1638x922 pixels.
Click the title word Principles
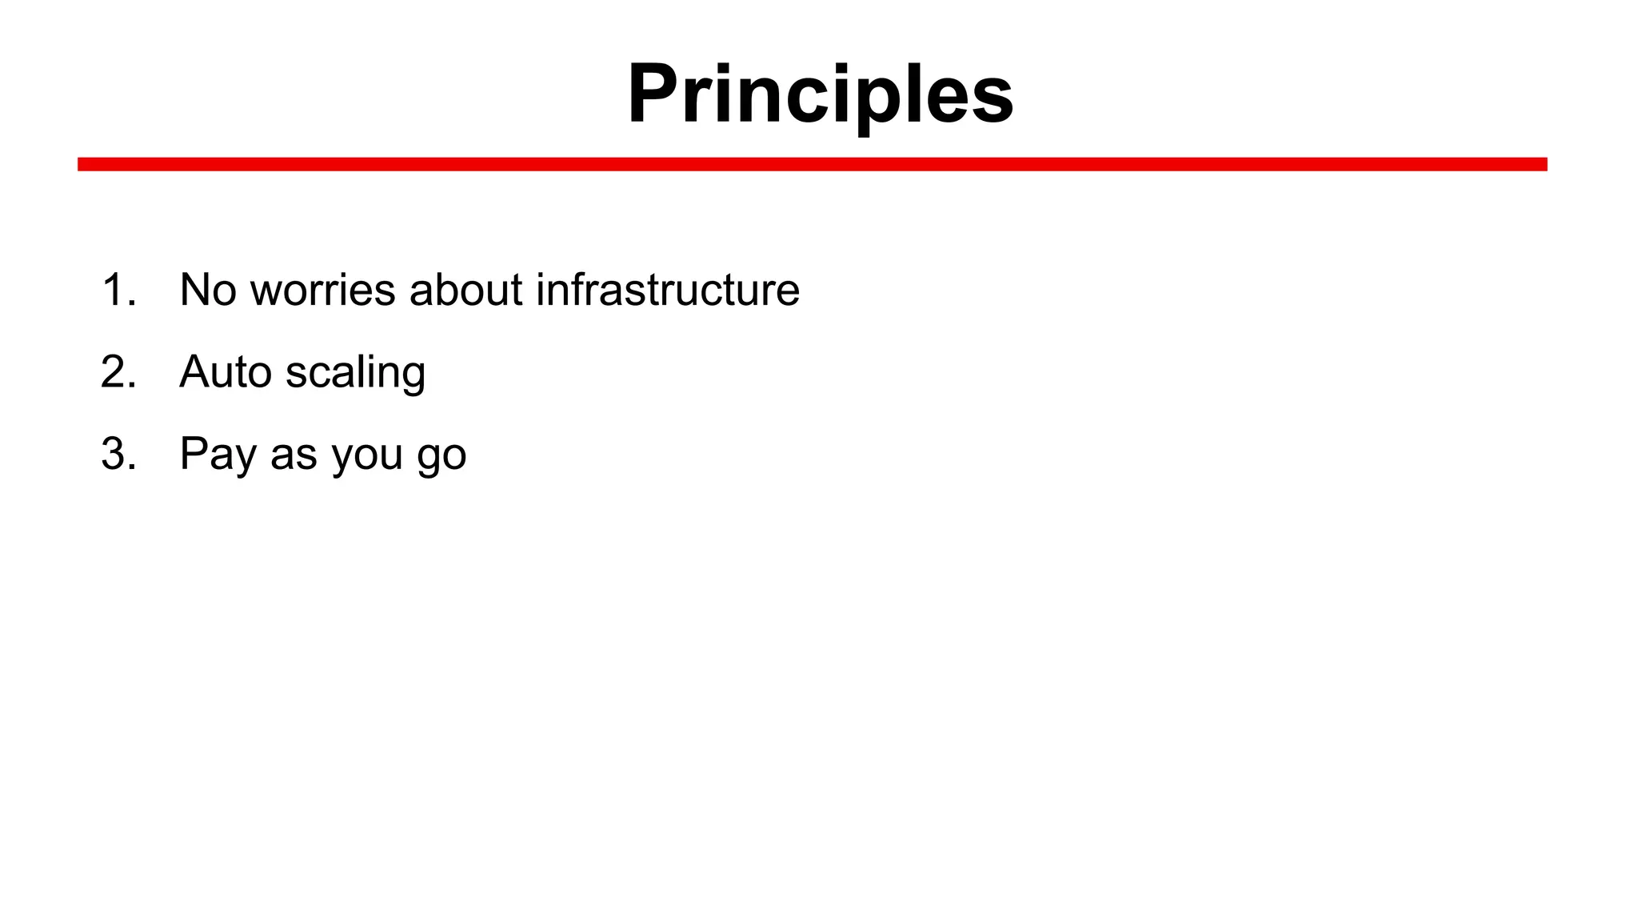tap(821, 94)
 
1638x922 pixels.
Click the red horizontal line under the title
tap(812, 164)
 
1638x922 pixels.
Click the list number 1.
tap(117, 290)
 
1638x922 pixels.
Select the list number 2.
tap(117, 372)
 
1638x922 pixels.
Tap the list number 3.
tap(117, 454)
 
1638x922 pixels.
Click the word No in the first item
tap(208, 290)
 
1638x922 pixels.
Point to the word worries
tap(322, 290)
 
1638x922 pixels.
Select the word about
tap(465, 290)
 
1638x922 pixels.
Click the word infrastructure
tap(668, 290)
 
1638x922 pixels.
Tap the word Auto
tap(226, 372)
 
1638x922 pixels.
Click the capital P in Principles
tap(654, 94)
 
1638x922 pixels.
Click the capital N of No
tap(196, 290)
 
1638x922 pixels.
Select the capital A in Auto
tap(196, 372)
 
